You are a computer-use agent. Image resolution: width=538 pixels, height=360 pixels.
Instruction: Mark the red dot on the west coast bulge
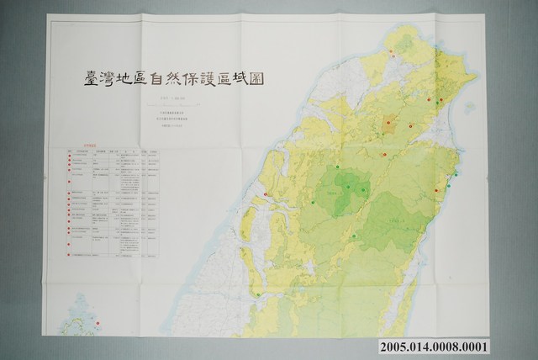[266, 195]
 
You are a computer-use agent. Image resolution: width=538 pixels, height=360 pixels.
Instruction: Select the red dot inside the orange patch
[388, 122]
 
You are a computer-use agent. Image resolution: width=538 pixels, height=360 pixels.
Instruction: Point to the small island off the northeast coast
[469, 107]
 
